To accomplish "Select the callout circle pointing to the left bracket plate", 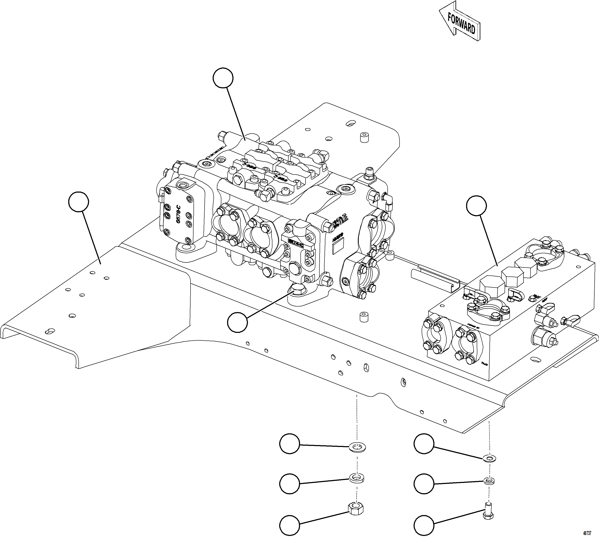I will pyautogui.click(x=78, y=202).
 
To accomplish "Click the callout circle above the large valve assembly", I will pyautogui.click(x=223, y=78).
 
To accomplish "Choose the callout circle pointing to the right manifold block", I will pyautogui.click(x=476, y=205).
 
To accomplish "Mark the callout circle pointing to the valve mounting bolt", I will pyautogui.click(x=237, y=323).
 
